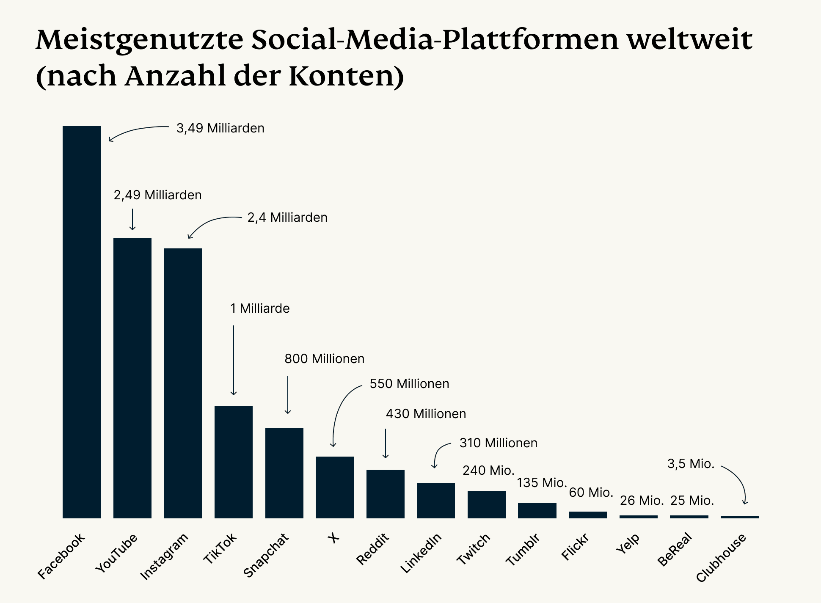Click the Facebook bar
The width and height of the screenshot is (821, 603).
(x=82, y=322)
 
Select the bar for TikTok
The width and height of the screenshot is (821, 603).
(x=234, y=461)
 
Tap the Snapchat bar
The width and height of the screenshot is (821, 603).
(x=284, y=473)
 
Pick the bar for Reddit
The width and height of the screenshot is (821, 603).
(x=386, y=493)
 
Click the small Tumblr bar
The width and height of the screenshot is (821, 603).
(x=537, y=510)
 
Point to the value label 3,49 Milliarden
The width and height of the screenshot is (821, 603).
(x=220, y=128)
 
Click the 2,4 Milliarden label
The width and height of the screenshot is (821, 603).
(x=287, y=218)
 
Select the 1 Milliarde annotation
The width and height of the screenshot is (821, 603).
(x=260, y=308)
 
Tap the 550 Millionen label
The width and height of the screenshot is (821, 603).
(x=409, y=384)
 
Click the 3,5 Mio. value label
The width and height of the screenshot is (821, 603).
(x=691, y=464)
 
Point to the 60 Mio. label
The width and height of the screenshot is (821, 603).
(x=591, y=493)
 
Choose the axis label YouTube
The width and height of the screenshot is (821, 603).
(x=117, y=553)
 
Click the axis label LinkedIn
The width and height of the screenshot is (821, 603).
(x=421, y=553)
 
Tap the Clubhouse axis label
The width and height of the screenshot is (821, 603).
(x=721, y=558)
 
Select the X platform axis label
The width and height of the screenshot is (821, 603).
(x=333, y=538)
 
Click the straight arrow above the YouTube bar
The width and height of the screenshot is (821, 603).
(x=132, y=219)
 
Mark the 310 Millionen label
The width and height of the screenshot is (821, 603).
(x=498, y=443)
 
